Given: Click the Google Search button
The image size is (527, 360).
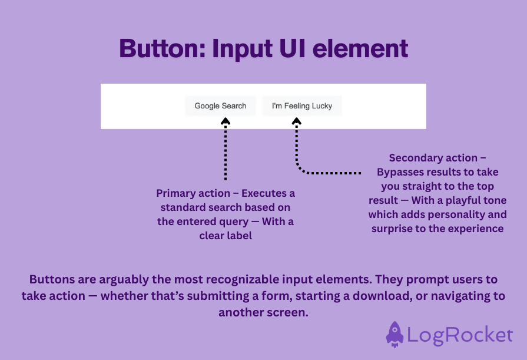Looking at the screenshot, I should point(220,106).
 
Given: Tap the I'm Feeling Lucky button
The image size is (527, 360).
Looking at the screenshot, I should point(301,106).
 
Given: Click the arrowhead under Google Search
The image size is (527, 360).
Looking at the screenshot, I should point(226,121).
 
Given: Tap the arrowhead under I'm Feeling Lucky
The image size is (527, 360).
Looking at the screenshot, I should point(297,121).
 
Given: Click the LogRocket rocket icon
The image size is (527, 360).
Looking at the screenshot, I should point(395,335).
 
